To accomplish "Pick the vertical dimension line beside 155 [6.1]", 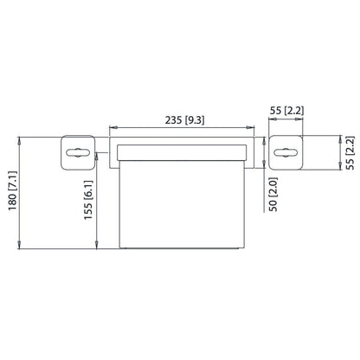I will click(100, 200).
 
